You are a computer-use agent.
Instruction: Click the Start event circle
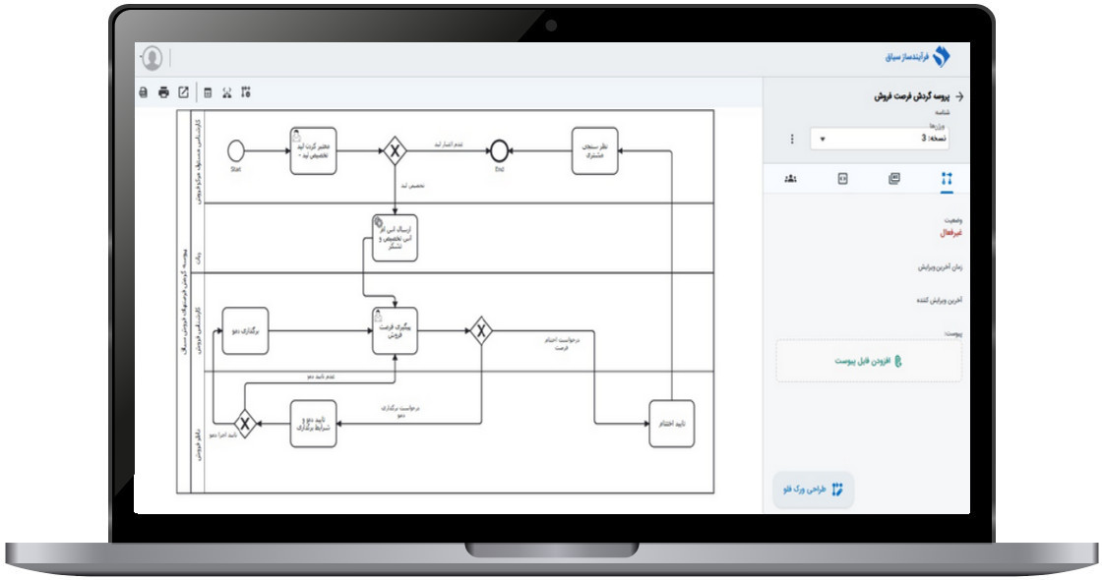(235, 150)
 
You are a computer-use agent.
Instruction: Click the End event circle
(499, 150)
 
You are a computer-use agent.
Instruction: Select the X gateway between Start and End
(395, 150)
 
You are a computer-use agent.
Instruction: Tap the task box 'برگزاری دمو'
(245, 331)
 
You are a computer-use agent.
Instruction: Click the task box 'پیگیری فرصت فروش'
(395, 331)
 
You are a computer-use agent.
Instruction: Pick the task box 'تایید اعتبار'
(671, 424)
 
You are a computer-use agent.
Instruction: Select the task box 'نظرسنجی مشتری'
(595, 150)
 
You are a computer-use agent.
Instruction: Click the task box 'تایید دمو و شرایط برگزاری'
(313, 424)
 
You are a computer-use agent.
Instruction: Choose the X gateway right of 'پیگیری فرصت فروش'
(481, 331)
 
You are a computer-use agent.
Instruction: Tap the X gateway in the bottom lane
(245, 424)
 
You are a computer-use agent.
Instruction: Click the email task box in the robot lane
(395, 237)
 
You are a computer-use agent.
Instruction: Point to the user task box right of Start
(313, 150)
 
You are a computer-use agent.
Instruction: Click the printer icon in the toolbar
(163, 93)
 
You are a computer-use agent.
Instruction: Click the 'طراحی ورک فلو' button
(813, 489)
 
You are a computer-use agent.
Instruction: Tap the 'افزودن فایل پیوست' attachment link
(869, 361)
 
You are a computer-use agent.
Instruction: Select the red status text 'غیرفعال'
(951, 233)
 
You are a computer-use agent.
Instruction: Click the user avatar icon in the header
(153, 58)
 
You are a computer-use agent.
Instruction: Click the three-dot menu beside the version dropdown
(792, 140)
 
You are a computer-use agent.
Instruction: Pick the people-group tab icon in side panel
(790, 179)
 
